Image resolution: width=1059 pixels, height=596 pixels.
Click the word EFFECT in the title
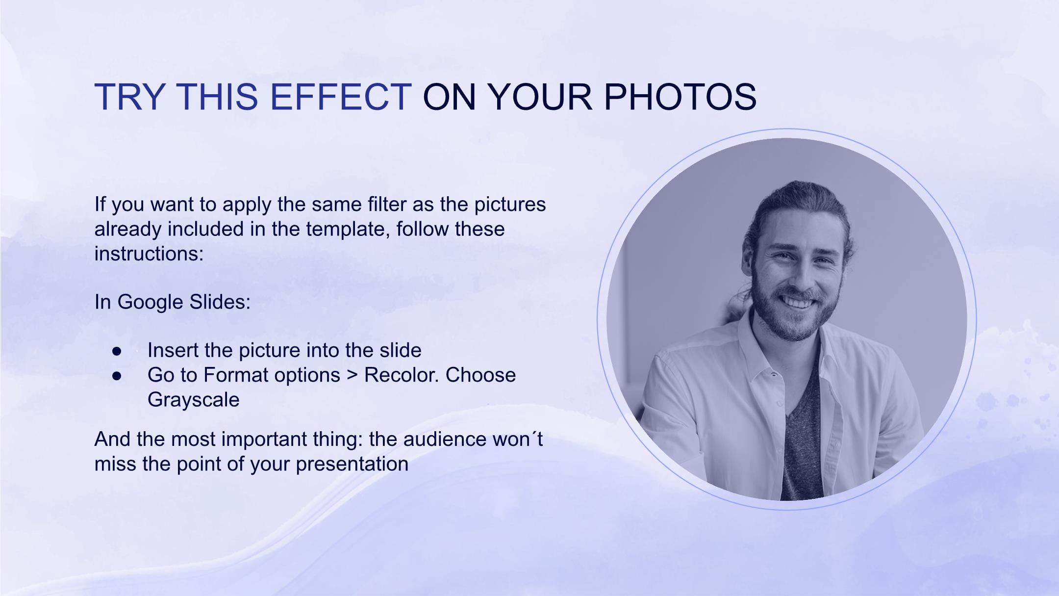tap(341, 96)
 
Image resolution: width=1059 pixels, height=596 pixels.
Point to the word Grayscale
tap(193, 400)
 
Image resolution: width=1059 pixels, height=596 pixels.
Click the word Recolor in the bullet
tap(402, 375)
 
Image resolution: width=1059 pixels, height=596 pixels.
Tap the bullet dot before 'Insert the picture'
tap(117, 351)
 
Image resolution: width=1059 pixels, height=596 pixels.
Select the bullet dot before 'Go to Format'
tap(117, 376)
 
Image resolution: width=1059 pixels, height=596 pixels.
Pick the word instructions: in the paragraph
tap(149, 254)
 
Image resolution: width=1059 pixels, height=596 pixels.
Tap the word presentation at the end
tap(352, 464)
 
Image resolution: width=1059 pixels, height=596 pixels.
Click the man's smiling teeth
tap(798, 302)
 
